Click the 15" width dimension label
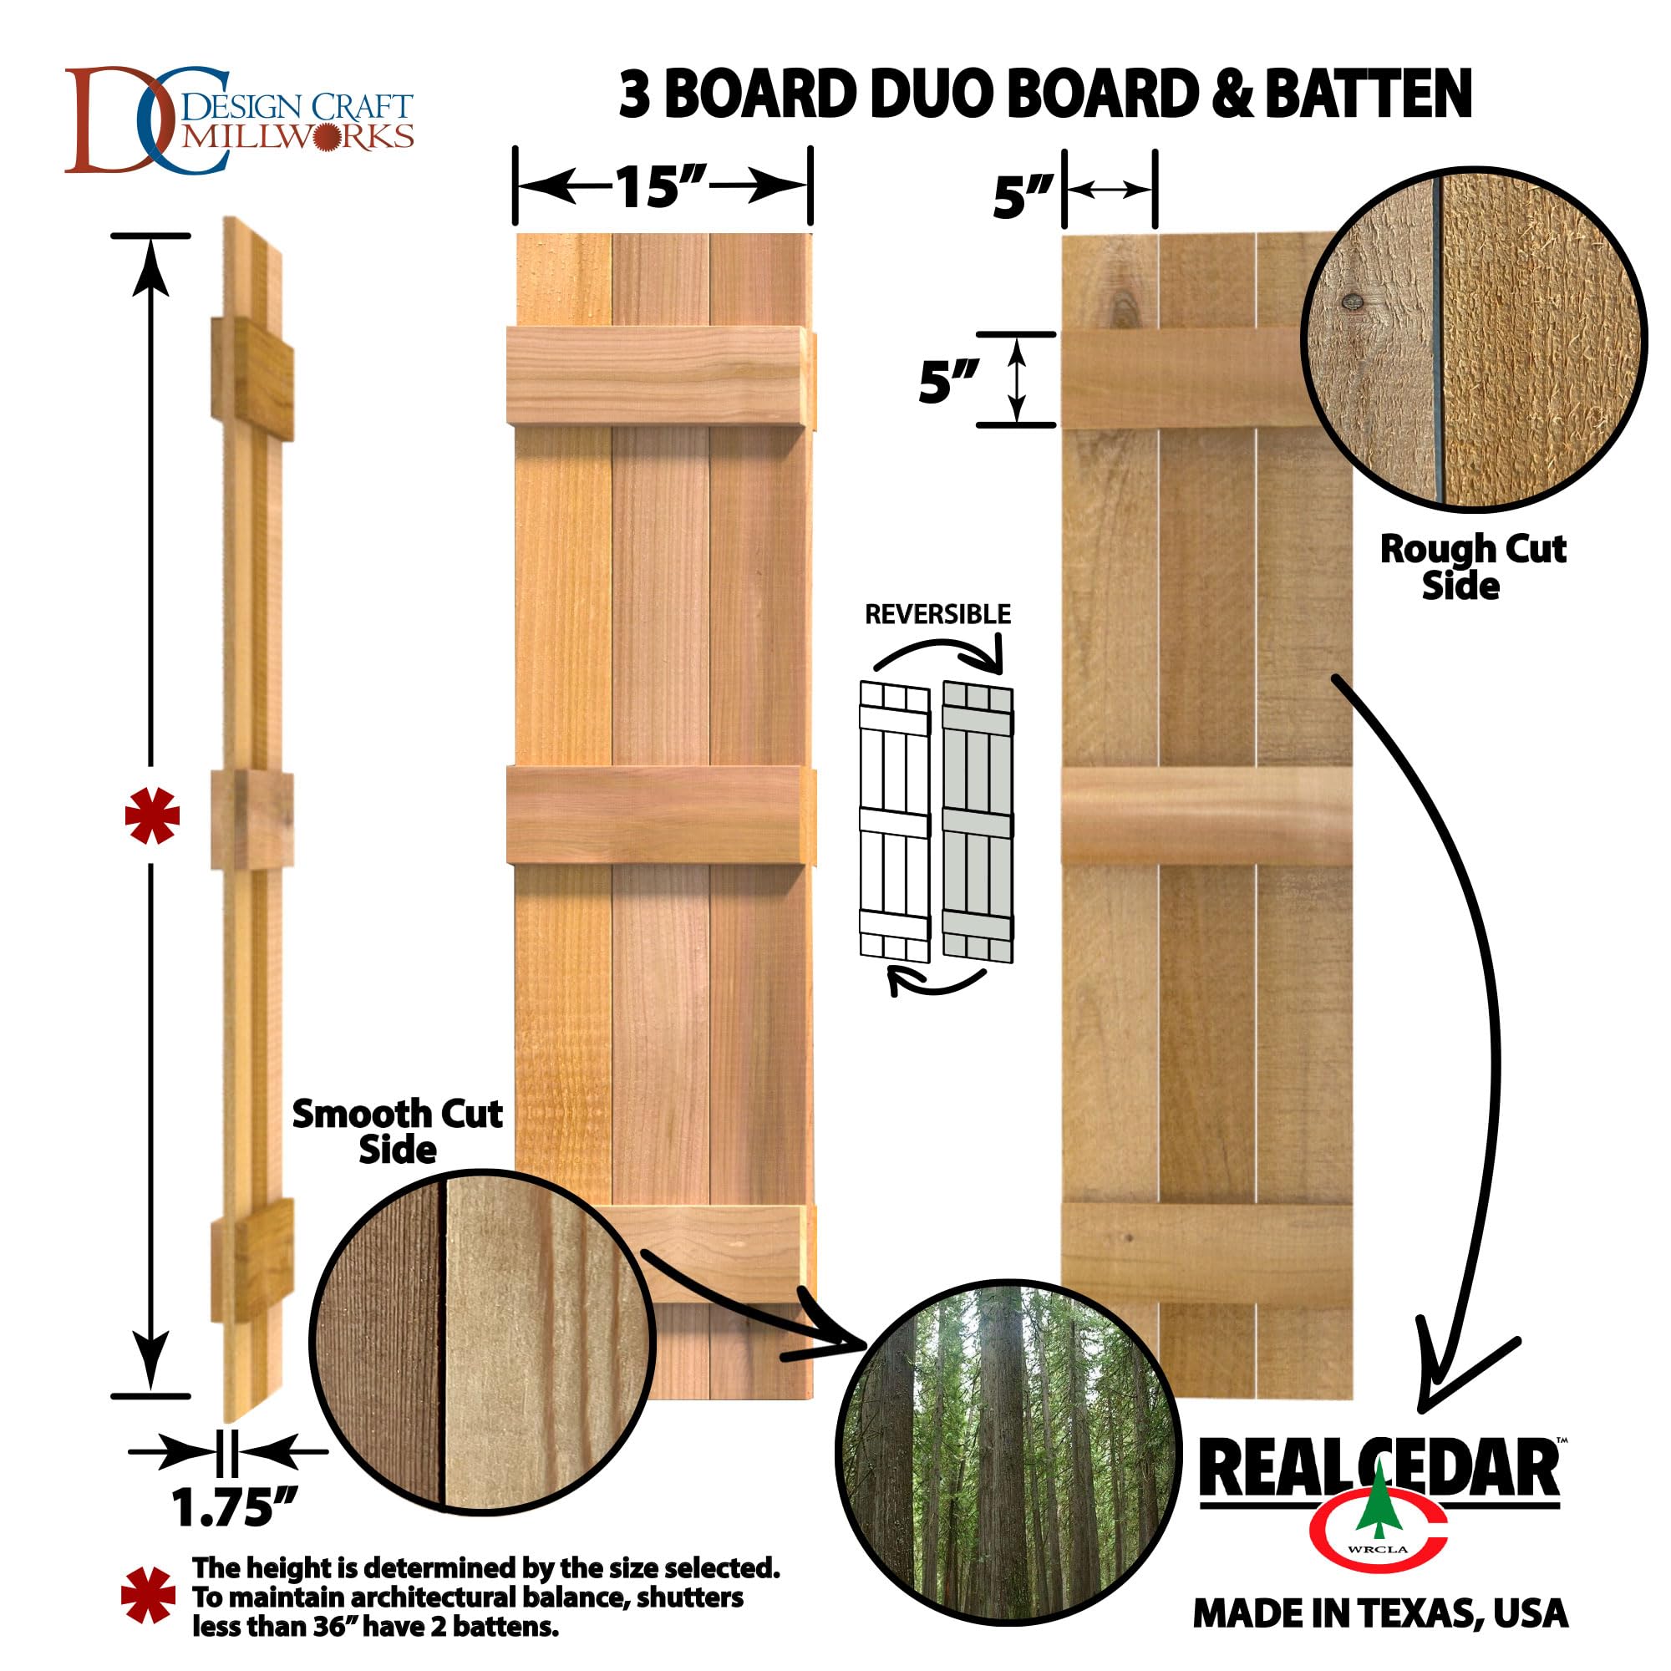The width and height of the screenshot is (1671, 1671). [661, 187]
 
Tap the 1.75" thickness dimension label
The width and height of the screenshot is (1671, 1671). [235, 1507]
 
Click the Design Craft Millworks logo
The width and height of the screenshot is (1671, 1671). [239, 120]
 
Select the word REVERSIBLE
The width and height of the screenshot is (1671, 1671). [937, 614]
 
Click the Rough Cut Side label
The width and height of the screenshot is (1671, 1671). [1472, 567]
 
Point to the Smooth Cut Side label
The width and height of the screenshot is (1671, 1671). [397, 1131]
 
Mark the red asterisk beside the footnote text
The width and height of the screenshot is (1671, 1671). [148, 1594]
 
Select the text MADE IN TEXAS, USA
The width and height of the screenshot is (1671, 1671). [1379, 1614]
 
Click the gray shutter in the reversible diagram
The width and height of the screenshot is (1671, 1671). [978, 821]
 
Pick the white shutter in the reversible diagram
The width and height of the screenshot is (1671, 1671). [893, 821]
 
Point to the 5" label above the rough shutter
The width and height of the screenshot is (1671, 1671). [1023, 197]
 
